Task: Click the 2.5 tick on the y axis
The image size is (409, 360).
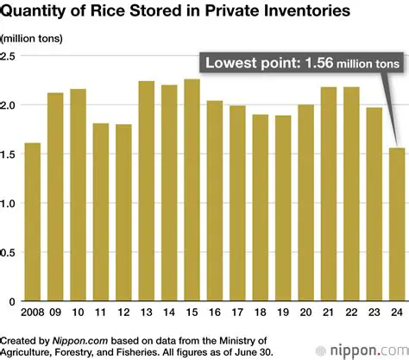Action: (x=10, y=56)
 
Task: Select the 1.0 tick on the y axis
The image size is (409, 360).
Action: (x=10, y=204)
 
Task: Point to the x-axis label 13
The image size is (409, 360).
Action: (x=147, y=313)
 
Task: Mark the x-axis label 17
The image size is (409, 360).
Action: (x=238, y=313)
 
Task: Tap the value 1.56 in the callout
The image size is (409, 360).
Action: (x=309, y=64)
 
